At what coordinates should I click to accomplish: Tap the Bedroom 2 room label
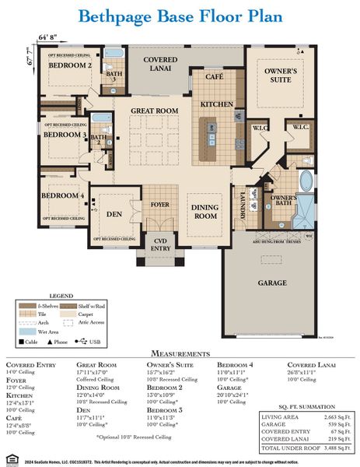[70, 66]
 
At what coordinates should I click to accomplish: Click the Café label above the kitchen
[214, 78]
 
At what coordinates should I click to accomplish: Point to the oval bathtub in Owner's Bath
[306, 181]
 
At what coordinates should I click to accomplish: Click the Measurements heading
[179, 353]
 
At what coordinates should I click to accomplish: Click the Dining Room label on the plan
[205, 211]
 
